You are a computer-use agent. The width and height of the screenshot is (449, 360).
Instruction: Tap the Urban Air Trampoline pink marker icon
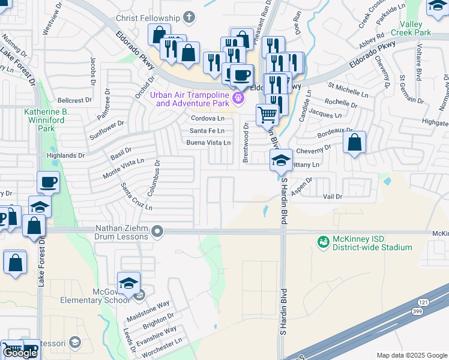click(x=239, y=98)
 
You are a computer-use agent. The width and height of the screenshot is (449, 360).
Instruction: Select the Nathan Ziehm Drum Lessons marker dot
click(x=157, y=231)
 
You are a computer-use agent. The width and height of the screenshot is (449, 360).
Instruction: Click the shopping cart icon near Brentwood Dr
click(x=267, y=114)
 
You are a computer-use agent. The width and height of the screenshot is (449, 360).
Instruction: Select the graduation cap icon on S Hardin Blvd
click(x=281, y=160)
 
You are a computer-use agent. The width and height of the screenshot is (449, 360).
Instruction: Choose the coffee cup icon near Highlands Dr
click(x=48, y=182)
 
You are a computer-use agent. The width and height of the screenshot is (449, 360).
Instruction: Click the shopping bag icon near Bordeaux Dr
click(x=355, y=143)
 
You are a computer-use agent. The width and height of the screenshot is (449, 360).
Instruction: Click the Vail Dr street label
click(x=332, y=197)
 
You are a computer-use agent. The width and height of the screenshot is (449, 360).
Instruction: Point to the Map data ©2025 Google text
click(x=411, y=355)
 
